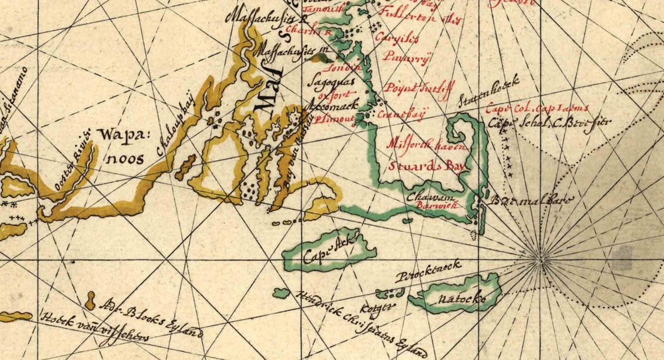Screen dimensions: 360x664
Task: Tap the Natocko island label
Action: (464, 299)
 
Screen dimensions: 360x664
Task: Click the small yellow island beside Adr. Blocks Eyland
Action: (90, 301)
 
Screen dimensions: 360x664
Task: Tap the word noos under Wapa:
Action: (125, 158)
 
